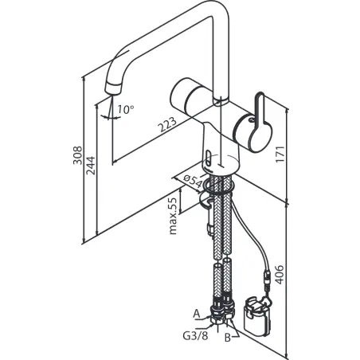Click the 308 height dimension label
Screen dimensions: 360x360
point(78,155)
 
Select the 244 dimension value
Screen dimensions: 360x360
point(91,166)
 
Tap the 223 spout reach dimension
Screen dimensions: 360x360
point(167,124)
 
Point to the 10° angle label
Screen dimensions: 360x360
point(126,109)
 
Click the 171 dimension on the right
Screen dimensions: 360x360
point(280,155)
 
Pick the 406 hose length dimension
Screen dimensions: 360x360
point(279,275)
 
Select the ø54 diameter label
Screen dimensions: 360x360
point(193,180)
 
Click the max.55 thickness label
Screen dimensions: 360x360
point(173,216)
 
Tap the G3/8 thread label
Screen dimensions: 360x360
point(195,336)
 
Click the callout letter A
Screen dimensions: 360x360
point(196,314)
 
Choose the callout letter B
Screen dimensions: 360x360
point(228,338)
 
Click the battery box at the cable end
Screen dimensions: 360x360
point(257,316)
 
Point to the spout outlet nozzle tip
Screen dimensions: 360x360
point(114,88)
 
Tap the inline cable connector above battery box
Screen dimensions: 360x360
point(267,280)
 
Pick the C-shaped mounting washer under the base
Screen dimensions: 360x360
point(206,200)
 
